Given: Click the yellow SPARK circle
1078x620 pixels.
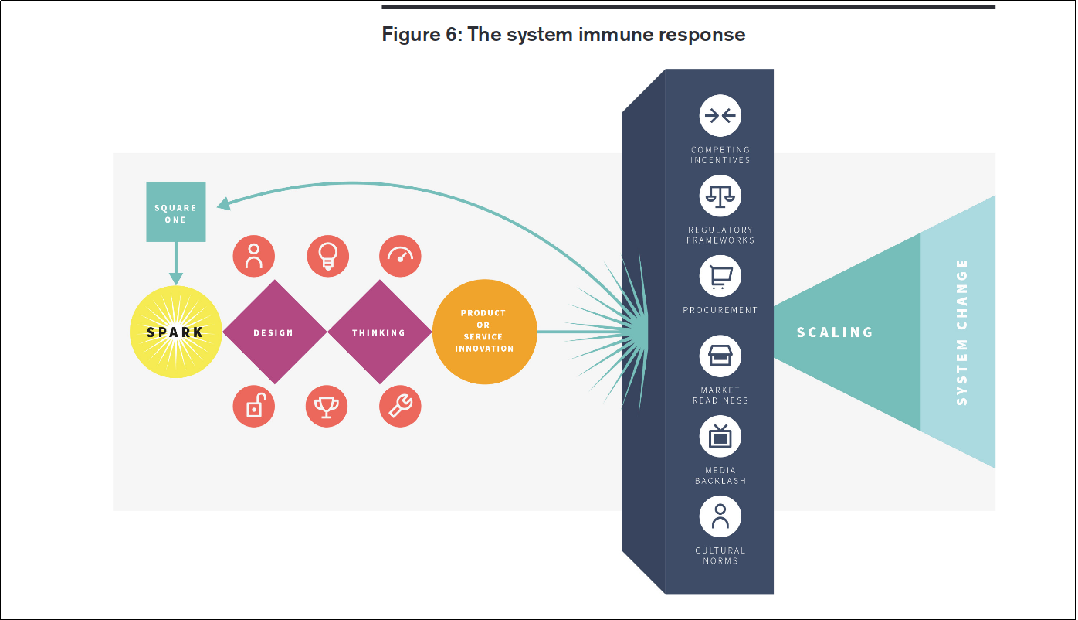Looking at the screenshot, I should coord(176,332).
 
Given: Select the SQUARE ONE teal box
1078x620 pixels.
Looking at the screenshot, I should coord(176,213).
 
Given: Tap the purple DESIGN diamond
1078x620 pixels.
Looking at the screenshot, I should coord(274,332).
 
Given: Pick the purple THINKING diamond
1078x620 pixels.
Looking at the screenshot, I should coord(379,332).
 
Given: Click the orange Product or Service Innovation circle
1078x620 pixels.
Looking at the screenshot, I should coord(484,331).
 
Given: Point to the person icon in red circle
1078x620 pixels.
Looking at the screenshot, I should coord(254,256).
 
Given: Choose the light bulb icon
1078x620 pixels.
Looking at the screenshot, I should coord(327,256).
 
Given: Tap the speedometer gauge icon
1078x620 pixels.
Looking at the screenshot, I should coord(401,256).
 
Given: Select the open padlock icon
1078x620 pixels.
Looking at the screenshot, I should coord(254,406).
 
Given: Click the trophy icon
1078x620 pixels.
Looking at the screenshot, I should coord(327,406).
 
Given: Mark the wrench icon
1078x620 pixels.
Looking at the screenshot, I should coord(401,406).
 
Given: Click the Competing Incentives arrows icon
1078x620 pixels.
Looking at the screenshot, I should coord(720,116).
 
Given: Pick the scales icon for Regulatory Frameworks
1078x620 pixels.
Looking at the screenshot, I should coord(720,196).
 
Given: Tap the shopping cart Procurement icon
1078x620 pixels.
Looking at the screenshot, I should coord(720,276).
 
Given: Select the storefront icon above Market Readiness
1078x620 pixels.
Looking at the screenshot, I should coord(720,356).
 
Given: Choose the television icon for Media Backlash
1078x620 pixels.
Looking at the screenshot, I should coord(720,436).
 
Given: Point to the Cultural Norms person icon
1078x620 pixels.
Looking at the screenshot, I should coord(720,516).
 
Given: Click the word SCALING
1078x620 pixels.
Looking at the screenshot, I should coord(835,332).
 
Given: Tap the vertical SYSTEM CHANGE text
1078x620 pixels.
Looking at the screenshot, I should coord(962,332).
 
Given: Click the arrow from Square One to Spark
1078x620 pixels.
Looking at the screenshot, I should coord(176,264).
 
